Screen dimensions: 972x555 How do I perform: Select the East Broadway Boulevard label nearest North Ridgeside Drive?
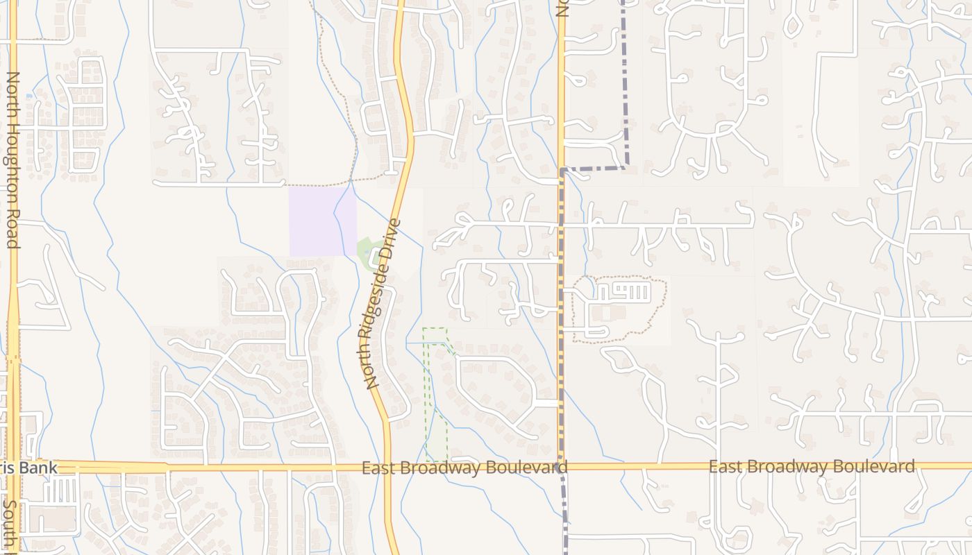click(x=464, y=468)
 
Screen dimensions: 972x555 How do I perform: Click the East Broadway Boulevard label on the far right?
click(x=811, y=466)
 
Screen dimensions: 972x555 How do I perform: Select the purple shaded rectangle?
click(x=322, y=221)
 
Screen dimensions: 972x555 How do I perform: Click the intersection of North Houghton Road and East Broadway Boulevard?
click(x=14, y=466)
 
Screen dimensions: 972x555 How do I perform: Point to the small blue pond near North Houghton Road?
click(x=28, y=96)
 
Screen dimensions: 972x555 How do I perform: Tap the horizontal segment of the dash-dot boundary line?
click(x=594, y=168)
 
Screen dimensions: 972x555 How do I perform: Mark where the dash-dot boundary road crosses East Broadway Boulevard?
click(x=562, y=467)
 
